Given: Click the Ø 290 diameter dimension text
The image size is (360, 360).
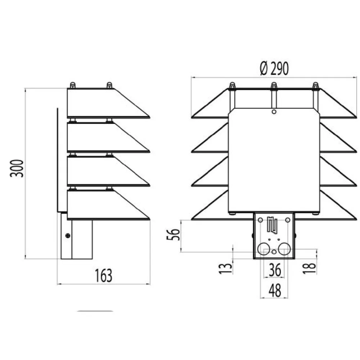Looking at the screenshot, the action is pos(274,68).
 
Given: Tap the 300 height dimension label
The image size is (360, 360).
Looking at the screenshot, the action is pos(17,168).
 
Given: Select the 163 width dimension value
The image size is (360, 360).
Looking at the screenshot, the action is pos(104,275).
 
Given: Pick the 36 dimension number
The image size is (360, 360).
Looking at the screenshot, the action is pos(275,270).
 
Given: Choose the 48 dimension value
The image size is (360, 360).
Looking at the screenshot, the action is pos(275,290).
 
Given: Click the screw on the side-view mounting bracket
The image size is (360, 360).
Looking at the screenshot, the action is pos(68,235).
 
